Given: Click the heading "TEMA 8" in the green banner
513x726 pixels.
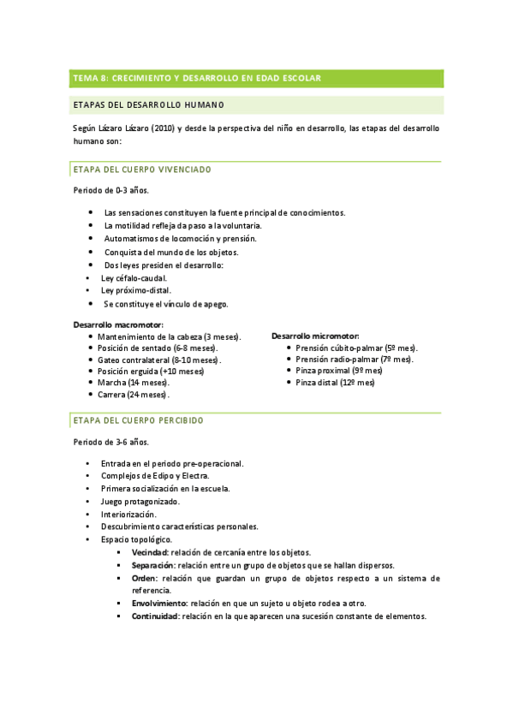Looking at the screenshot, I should click(x=90, y=78).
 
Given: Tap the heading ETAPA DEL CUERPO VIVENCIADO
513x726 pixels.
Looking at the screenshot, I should click(x=142, y=170).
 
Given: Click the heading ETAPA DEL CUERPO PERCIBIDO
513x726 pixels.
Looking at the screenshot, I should click(x=138, y=421).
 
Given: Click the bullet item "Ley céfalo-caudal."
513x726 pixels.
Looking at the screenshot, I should click(x=134, y=278).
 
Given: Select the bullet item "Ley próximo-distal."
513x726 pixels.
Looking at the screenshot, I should click(x=135, y=291).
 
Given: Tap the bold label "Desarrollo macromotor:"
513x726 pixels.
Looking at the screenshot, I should click(x=118, y=325).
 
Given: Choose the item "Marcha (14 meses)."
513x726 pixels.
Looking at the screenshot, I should click(x=134, y=383).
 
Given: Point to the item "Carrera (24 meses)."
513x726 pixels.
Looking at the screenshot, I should click(x=134, y=395).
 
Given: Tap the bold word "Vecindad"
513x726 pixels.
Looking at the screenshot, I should click(x=149, y=553).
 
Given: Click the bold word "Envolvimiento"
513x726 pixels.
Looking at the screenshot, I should click(x=159, y=603).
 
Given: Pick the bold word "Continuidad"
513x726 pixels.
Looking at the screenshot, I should click(x=154, y=616).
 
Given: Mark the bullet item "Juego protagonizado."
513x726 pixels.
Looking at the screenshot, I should click(x=140, y=501).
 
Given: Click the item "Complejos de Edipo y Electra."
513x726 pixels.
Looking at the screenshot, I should click(x=155, y=475).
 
